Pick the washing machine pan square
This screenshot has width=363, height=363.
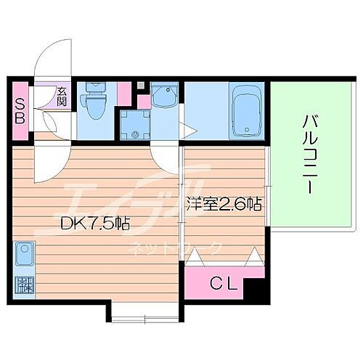click(x=134, y=123)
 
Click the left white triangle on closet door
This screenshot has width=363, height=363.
click(x=195, y=257)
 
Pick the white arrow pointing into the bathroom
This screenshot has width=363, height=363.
click(x=190, y=131)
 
